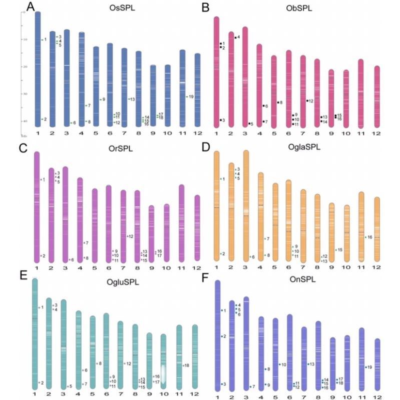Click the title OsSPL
pyautogui.click(x=120, y=8)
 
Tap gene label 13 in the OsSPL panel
pyautogui.click(x=133, y=100)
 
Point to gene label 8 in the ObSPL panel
pyautogui.click(x=281, y=103)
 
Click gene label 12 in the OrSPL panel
pyautogui.click(x=130, y=236)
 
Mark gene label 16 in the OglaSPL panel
pyautogui.click(x=370, y=237)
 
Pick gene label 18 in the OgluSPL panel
pyautogui.click(x=187, y=365)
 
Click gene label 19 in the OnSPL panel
pyautogui.click(x=369, y=367)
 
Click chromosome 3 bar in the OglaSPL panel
pyautogui.click(x=246, y=205)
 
